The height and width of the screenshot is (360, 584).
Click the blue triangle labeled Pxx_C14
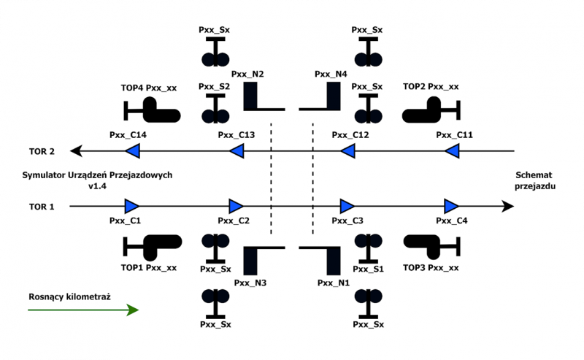point(132,151)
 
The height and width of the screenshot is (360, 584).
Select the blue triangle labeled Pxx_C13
point(236,151)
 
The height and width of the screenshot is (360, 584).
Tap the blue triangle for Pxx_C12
point(348,151)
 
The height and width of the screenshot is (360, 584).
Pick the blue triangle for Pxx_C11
point(453,151)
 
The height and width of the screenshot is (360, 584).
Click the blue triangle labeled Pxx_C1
point(132,206)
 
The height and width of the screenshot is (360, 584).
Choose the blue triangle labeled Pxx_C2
point(236,206)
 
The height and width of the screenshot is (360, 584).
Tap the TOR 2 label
point(42,151)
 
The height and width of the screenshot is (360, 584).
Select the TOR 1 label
point(42,207)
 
